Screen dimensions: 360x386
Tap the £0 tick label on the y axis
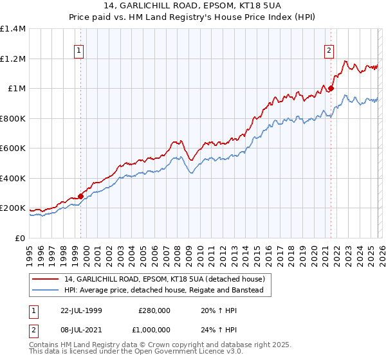(x=21, y=238)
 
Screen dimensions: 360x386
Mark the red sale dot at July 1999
(x=81, y=196)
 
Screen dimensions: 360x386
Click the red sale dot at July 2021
(x=331, y=89)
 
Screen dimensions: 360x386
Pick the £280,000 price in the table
(x=154, y=310)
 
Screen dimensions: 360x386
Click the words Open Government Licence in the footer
(x=170, y=354)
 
